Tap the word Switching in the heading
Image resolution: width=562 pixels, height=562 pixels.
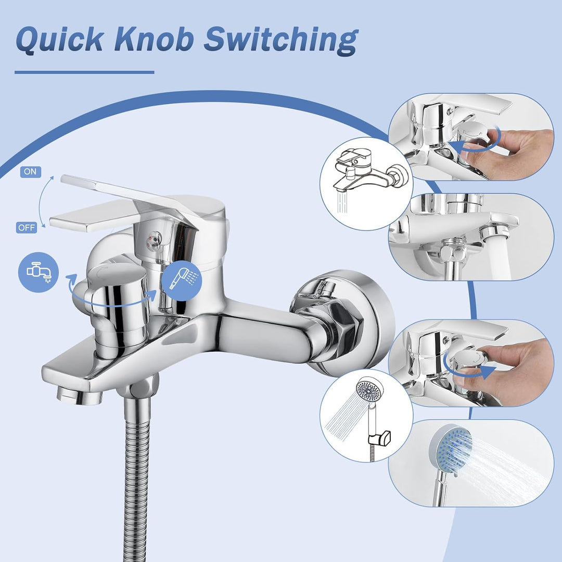click(x=280, y=41)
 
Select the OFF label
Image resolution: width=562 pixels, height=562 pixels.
click(x=27, y=227)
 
